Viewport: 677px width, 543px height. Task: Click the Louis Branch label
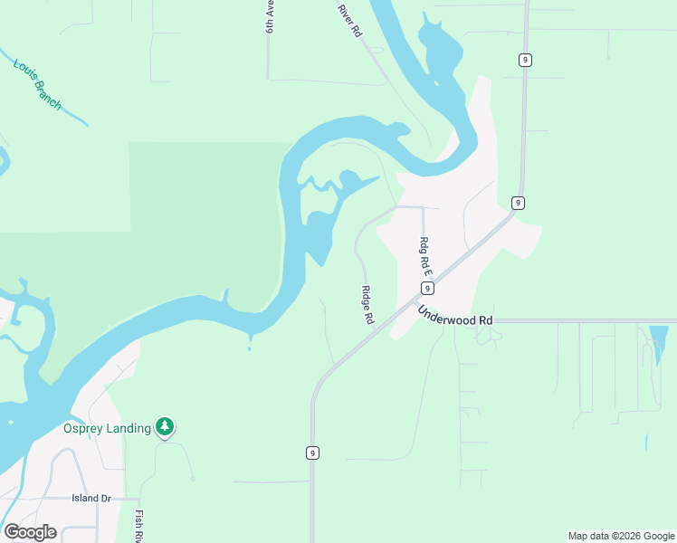click(x=37, y=85)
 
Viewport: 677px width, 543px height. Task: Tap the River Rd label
click(x=349, y=20)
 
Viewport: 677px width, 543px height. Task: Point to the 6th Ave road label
click(x=270, y=16)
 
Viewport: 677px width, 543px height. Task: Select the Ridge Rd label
click(x=367, y=305)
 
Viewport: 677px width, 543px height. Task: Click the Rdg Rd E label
click(x=424, y=256)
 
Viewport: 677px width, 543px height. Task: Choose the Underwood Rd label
click(x=454, y=315)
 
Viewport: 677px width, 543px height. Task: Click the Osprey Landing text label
click(x=107, y=428)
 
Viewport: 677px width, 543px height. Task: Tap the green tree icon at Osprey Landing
click(x=164, y=425)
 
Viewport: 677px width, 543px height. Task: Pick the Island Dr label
click(x=91, y=499)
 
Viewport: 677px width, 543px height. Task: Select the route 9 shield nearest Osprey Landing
click(x=312, y=452)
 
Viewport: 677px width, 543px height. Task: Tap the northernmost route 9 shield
click(x=525, y=60)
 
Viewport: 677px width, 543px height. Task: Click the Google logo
click(x=30, y=532)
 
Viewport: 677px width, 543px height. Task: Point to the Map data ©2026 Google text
click(x=621, y=536)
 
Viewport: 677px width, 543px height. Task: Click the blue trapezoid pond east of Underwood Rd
click(x=659, y=340)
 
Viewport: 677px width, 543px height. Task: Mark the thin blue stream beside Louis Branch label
click(x=72, y=113)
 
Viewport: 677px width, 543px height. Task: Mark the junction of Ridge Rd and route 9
click(x=379, y=329)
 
